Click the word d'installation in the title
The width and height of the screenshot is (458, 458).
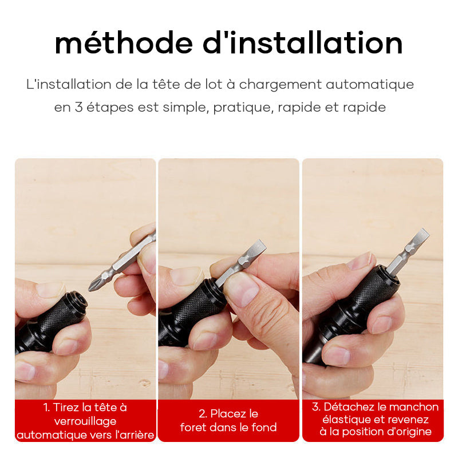click(x=303, y=42)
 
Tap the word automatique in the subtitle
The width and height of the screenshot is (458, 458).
click(x=370, y=84)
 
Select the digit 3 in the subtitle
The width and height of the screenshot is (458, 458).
click(x=78, y=107)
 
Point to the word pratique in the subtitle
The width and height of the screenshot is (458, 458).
click(x=244, y=108)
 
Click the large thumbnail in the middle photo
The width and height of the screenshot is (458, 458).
click(x=242, y=290)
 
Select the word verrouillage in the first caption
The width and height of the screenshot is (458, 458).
click(x=85, y=421)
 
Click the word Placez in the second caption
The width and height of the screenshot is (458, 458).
click(x=224, y=413)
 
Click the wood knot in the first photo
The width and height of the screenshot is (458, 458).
click(x=145, y=382)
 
